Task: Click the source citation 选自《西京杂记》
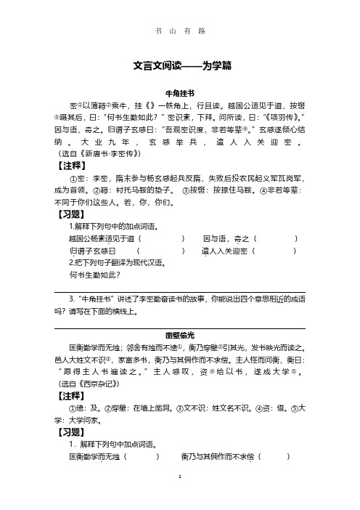click(x=95, y=382)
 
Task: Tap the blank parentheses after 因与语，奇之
click(x=277, y=239)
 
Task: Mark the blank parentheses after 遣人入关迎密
click(x=275, y=251)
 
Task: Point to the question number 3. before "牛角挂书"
click(x=71, y=298)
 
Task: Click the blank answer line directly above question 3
click(x=179, y=291)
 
